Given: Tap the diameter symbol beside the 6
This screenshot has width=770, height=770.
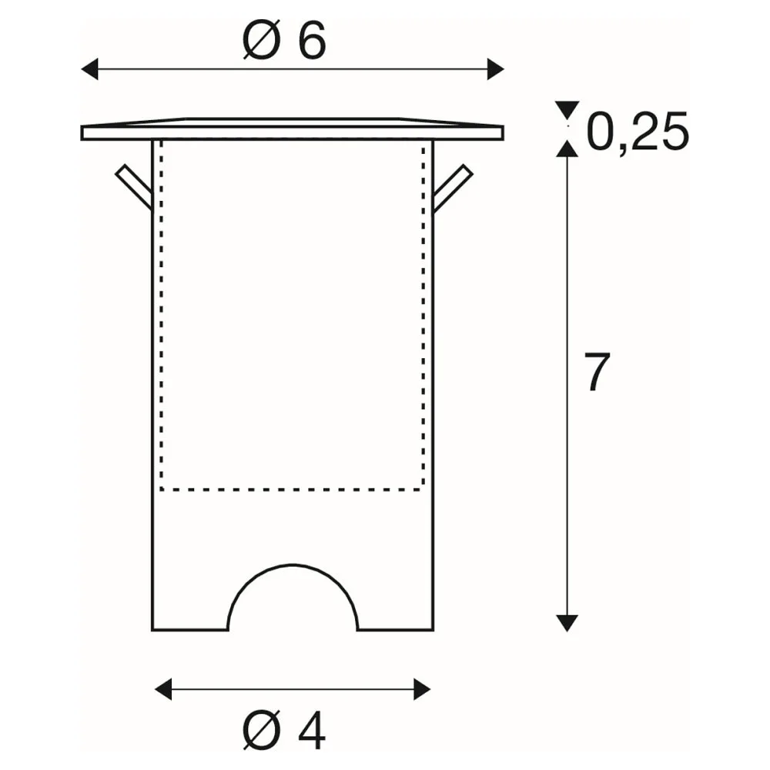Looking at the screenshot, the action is (x=262, y=40).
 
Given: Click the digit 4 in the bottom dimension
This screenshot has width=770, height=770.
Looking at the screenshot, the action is (x=312, y=730).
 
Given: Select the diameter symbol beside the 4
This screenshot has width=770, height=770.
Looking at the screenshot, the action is (x=262, y=730).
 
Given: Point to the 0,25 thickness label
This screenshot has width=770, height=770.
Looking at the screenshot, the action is (x=638, y=132).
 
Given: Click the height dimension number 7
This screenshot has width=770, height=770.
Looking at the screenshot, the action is (x=597, y=372).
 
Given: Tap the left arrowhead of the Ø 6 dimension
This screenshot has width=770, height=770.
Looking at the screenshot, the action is (x=89, y=69).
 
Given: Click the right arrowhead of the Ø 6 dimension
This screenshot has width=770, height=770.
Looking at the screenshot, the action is (x=495, y=69).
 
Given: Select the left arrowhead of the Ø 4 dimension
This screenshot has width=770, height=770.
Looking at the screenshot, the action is (x=163, y=689).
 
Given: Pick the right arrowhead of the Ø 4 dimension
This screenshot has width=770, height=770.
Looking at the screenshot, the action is (x=422, y=689).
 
